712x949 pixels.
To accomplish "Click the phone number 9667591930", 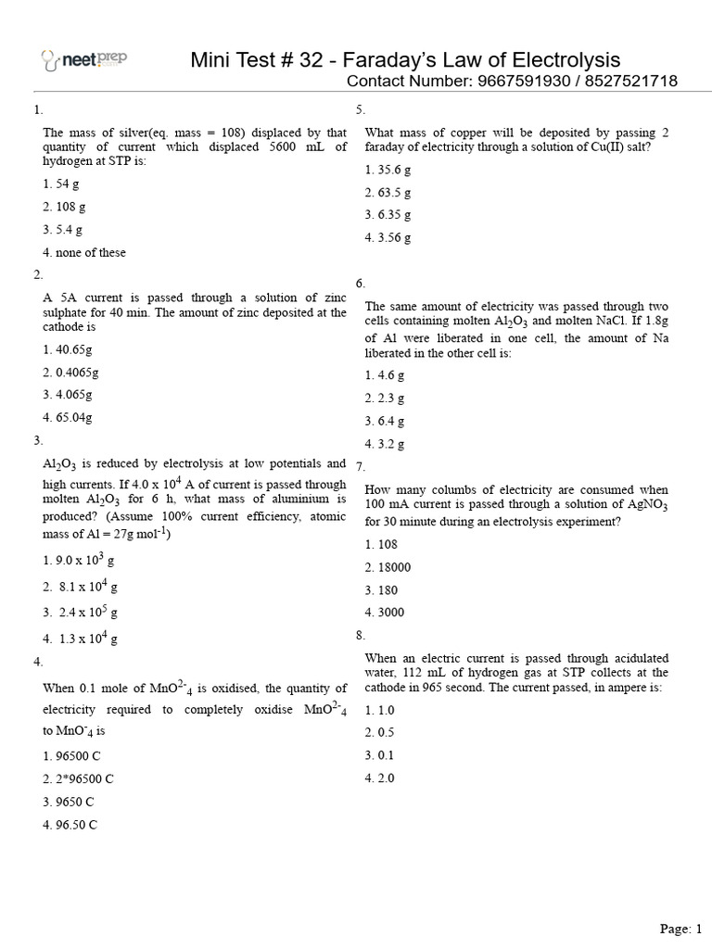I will pyautogui.click(x=521, y=82).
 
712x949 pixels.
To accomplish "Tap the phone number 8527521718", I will pyautogui.click(x=631, y=82).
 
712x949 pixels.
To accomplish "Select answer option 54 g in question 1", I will pyautogui.click(x=61, y=184).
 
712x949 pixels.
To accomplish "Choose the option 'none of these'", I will pyautogui.click(x=84, y=252).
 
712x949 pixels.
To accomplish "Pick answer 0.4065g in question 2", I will pyautogui.click(x=70, y=373).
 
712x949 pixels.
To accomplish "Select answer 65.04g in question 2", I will pyautogui.click(x=68, y=417).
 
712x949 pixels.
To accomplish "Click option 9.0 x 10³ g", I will pyautogui.click(x=79, y=561).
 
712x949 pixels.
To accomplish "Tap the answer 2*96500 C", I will pyautogui.click(x=78, y=779).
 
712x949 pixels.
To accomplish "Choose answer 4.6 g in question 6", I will pyautogui.click(x=385, y=375).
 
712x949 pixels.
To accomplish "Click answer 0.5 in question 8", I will pyautogui.click(x=380, y=733).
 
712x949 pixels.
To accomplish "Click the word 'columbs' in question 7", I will pyautogui.click(x=439, y=489).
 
